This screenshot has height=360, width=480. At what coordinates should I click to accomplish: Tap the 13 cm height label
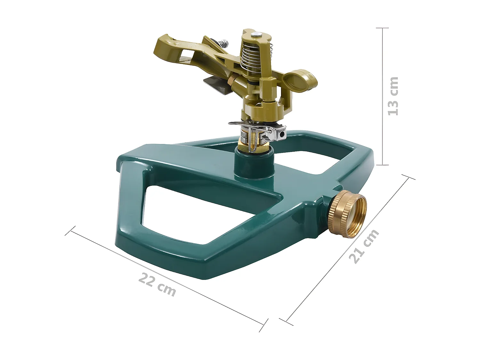[393, 96]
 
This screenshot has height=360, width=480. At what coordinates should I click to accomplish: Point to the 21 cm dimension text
[364, 246]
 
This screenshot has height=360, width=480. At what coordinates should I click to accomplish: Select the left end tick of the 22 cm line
[70, 231]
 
